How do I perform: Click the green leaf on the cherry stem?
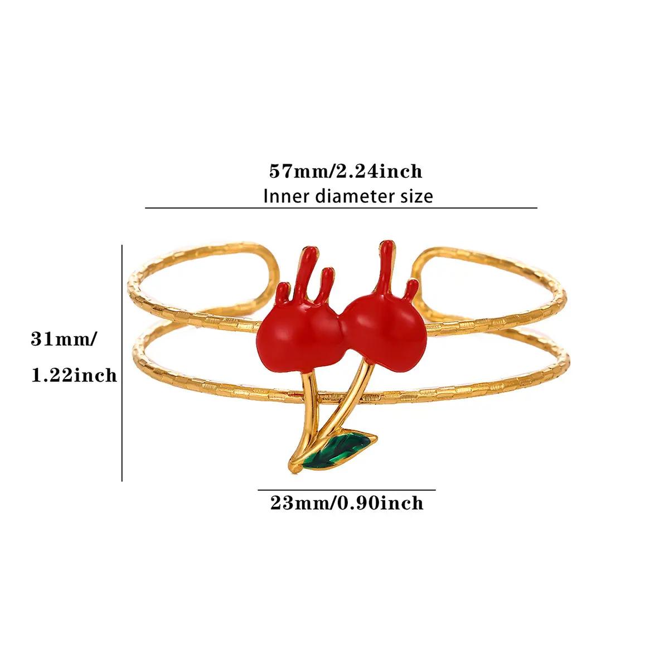click(338, 450)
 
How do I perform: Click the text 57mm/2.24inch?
click(346, 172)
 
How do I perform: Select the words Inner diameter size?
click(348, 196)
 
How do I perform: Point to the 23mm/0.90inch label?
click(347, 503)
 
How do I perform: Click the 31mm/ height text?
click(64, 339)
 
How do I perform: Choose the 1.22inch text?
click(74, 375)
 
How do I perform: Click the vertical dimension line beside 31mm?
click(122, 363)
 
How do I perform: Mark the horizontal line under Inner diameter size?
click(341, 208)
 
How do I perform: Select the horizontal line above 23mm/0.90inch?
click(346, 490)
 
